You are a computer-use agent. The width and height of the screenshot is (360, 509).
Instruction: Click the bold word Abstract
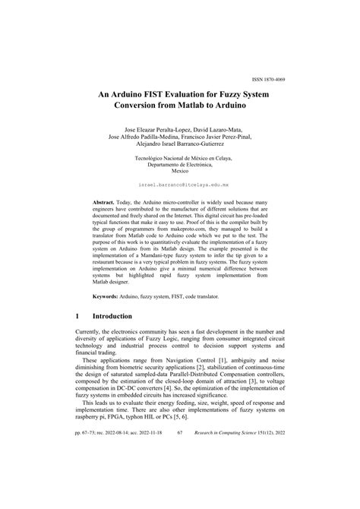tap(104, 204)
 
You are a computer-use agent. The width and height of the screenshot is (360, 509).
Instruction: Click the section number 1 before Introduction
tap(78, 316)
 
